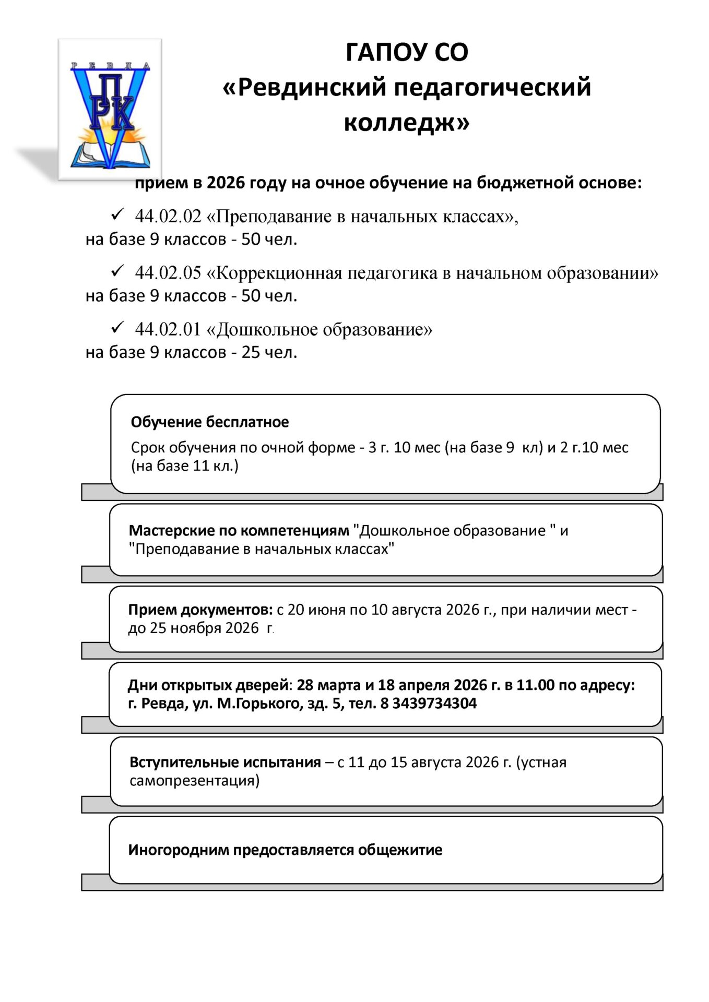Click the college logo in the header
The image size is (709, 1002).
(110, 110)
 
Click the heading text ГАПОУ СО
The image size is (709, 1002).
(407, 52)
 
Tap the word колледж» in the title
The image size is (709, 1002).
(407, 123)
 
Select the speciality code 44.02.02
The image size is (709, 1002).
(168, 216)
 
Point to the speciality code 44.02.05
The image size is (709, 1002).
(168, 272)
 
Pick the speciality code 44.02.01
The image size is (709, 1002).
(168, 329)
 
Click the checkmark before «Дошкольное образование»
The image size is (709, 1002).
(117, 328)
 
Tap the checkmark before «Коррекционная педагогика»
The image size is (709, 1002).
(117, 271)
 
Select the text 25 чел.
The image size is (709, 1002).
(269, 352)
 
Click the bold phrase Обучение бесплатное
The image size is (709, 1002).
(209, 422)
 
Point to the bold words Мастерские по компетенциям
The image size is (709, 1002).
(239, 531)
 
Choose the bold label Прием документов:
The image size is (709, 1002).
(200, 610)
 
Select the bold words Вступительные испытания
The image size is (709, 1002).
(225, 762)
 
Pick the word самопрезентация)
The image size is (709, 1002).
(194, 781)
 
